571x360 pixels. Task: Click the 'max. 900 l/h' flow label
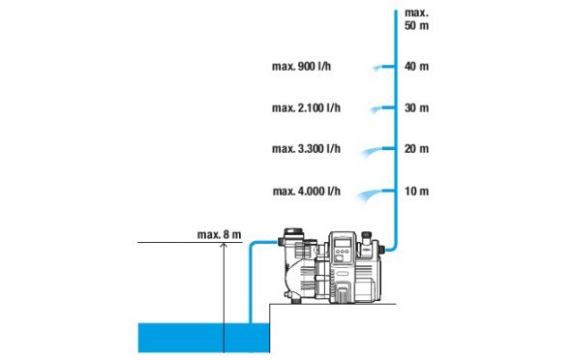point(302,66)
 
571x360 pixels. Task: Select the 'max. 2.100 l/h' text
point(306,107)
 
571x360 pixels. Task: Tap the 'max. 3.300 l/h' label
point(306,148)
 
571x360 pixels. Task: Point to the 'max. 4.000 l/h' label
point(307,191)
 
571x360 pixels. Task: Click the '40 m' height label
point(416,66)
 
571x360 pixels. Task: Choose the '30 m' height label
point(416,107)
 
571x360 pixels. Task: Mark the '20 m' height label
point(416,148)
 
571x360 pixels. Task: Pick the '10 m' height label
point(416,191)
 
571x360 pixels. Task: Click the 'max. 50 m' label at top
point(416,19)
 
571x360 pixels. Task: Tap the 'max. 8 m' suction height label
point(220,235)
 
